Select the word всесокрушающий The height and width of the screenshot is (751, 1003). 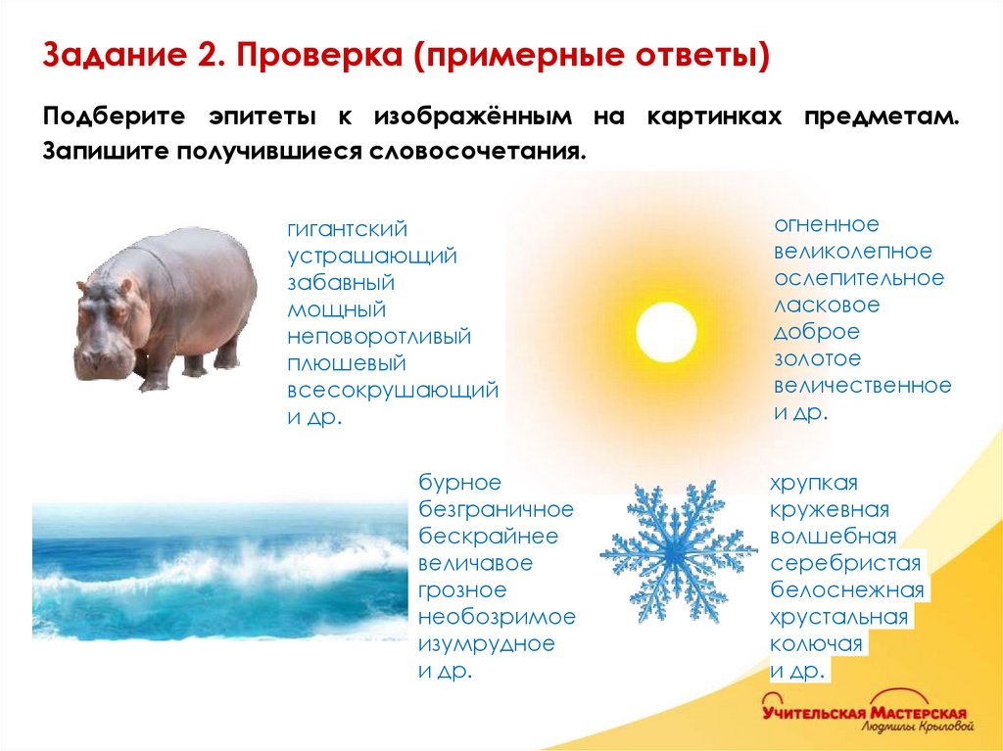click(x=393, y=390)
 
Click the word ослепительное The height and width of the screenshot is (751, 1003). click(x=859, y=278)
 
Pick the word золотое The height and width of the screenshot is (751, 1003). click(x=818, y=358)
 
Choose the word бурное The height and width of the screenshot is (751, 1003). click(x=460, y=483)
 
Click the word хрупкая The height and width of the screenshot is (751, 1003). click(x=814, y=484)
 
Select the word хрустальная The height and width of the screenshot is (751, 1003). click(x=839, y=618)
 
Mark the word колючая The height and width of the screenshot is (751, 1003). click(x=816, y=644)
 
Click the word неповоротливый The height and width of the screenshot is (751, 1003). click(x=379, y=337)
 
